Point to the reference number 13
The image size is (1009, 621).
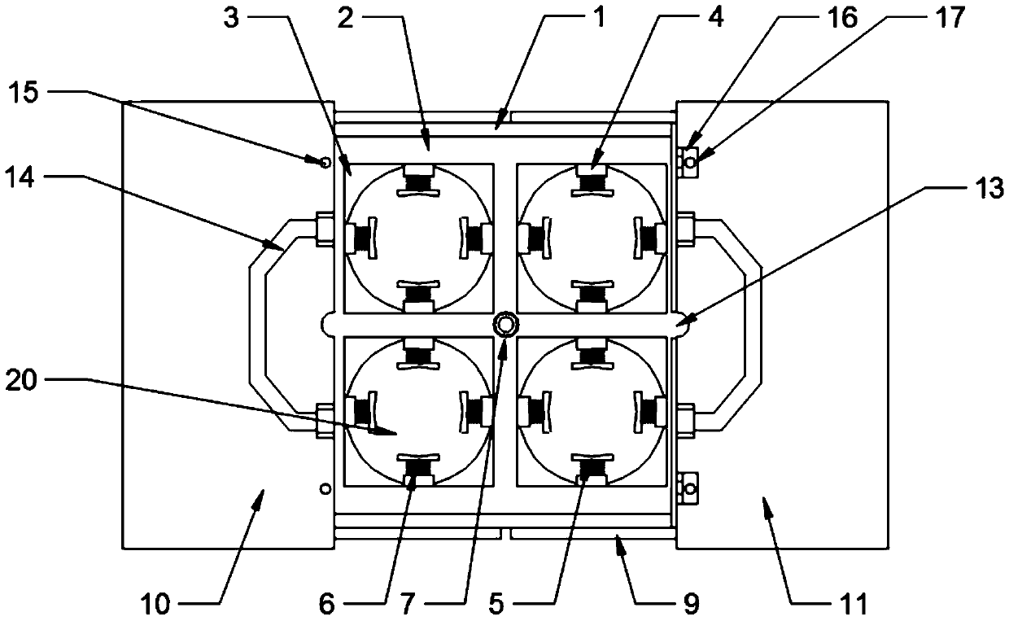coord(987,190)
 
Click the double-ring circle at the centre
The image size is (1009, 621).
coord(505,325)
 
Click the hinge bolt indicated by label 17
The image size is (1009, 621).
coord(690,163)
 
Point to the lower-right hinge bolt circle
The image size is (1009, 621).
coord(690,489)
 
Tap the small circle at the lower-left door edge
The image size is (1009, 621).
coord(325,488)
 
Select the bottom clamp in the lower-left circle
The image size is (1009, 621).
coord(420,470)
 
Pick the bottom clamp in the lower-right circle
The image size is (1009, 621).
coord(592,470)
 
